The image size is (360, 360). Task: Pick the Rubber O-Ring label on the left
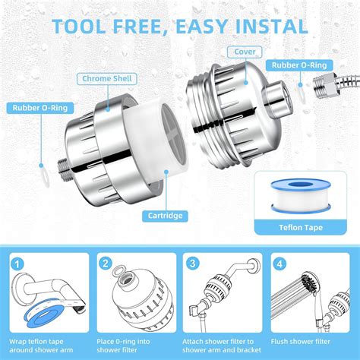(x=39, y=108)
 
